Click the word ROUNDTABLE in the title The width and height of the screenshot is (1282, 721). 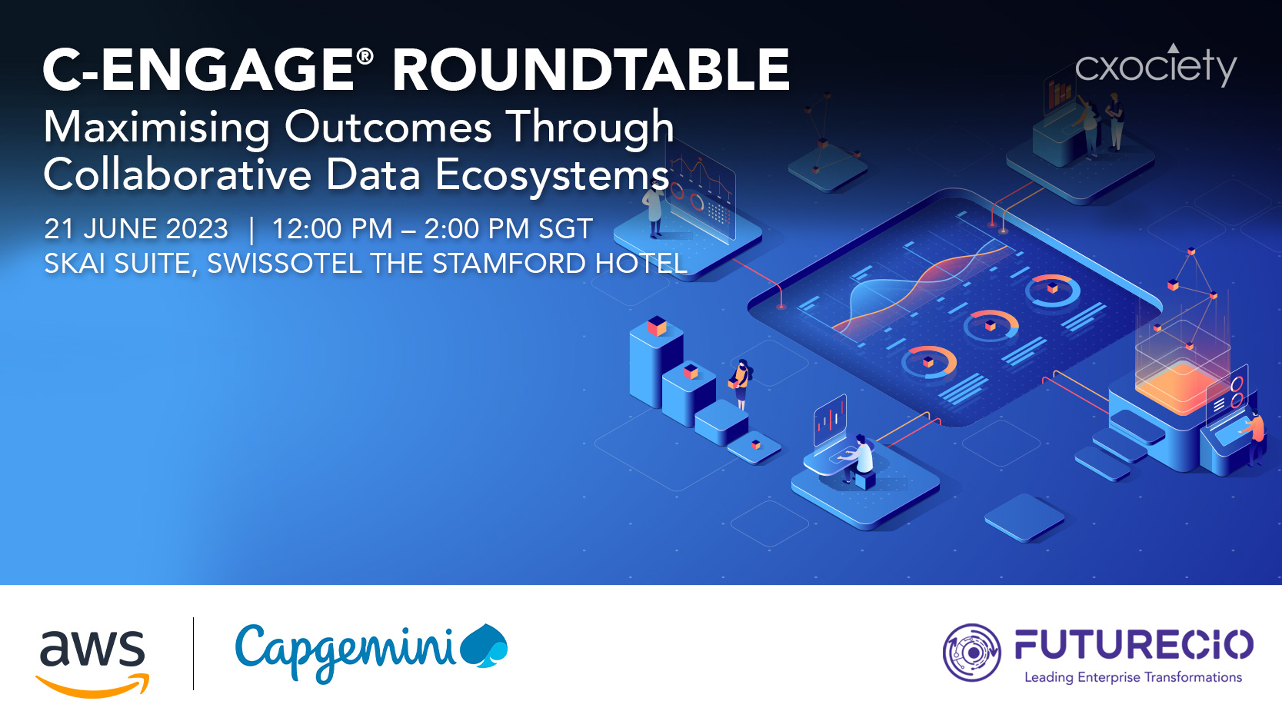point(591,70)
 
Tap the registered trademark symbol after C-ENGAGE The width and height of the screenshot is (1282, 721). point(365,56)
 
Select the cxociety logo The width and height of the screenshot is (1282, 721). point(1156,66)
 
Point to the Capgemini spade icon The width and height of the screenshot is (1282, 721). point(484,646)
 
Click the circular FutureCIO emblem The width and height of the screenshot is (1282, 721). point(972,653)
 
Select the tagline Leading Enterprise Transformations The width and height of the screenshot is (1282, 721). point(1134,677)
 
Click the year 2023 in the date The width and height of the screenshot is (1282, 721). point(197,229)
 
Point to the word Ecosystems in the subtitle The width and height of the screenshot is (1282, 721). point(551,174)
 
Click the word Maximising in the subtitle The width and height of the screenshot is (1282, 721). point(156,128)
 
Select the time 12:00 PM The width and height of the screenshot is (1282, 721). point(332,229)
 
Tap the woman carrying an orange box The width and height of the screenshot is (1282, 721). point(740,384)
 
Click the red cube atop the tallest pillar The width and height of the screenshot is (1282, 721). point(657,326)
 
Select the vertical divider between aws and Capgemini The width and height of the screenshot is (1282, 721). point(194,653)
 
